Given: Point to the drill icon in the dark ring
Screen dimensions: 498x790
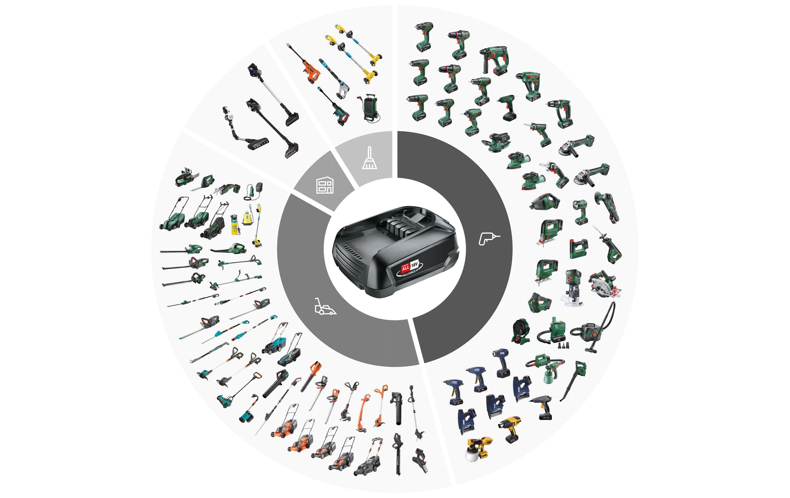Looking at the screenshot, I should click(x=488, y=238).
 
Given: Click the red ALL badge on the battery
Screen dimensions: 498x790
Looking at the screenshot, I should click(x=405, y=268).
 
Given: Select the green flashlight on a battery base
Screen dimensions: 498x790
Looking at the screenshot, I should click(x=580, y=211).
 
